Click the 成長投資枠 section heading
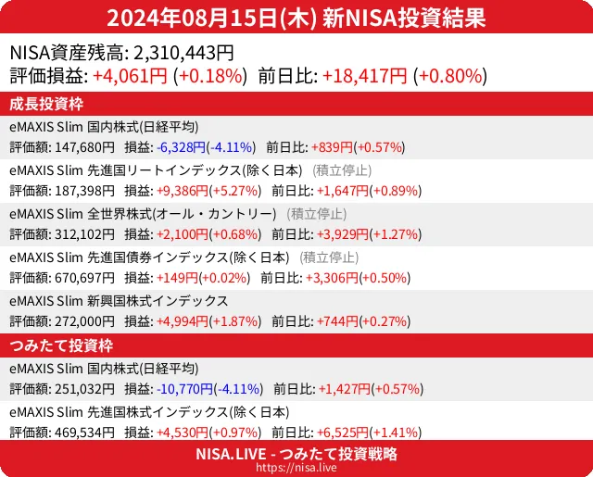pos(48,104)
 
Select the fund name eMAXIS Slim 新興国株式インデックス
pos(119,301)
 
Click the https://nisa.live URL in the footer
pos(296,469)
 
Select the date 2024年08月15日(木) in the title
pos(212,18)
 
